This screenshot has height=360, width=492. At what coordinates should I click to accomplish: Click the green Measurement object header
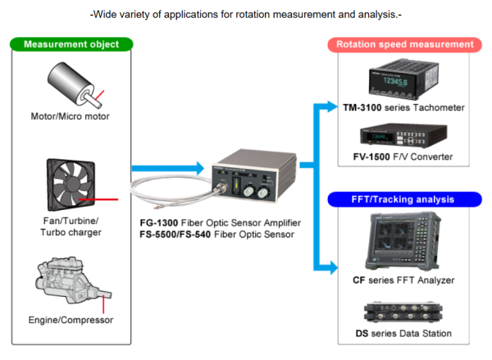72,44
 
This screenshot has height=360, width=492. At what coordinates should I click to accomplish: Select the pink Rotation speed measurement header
406,44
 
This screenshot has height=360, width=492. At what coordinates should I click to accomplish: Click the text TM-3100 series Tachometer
405,107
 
